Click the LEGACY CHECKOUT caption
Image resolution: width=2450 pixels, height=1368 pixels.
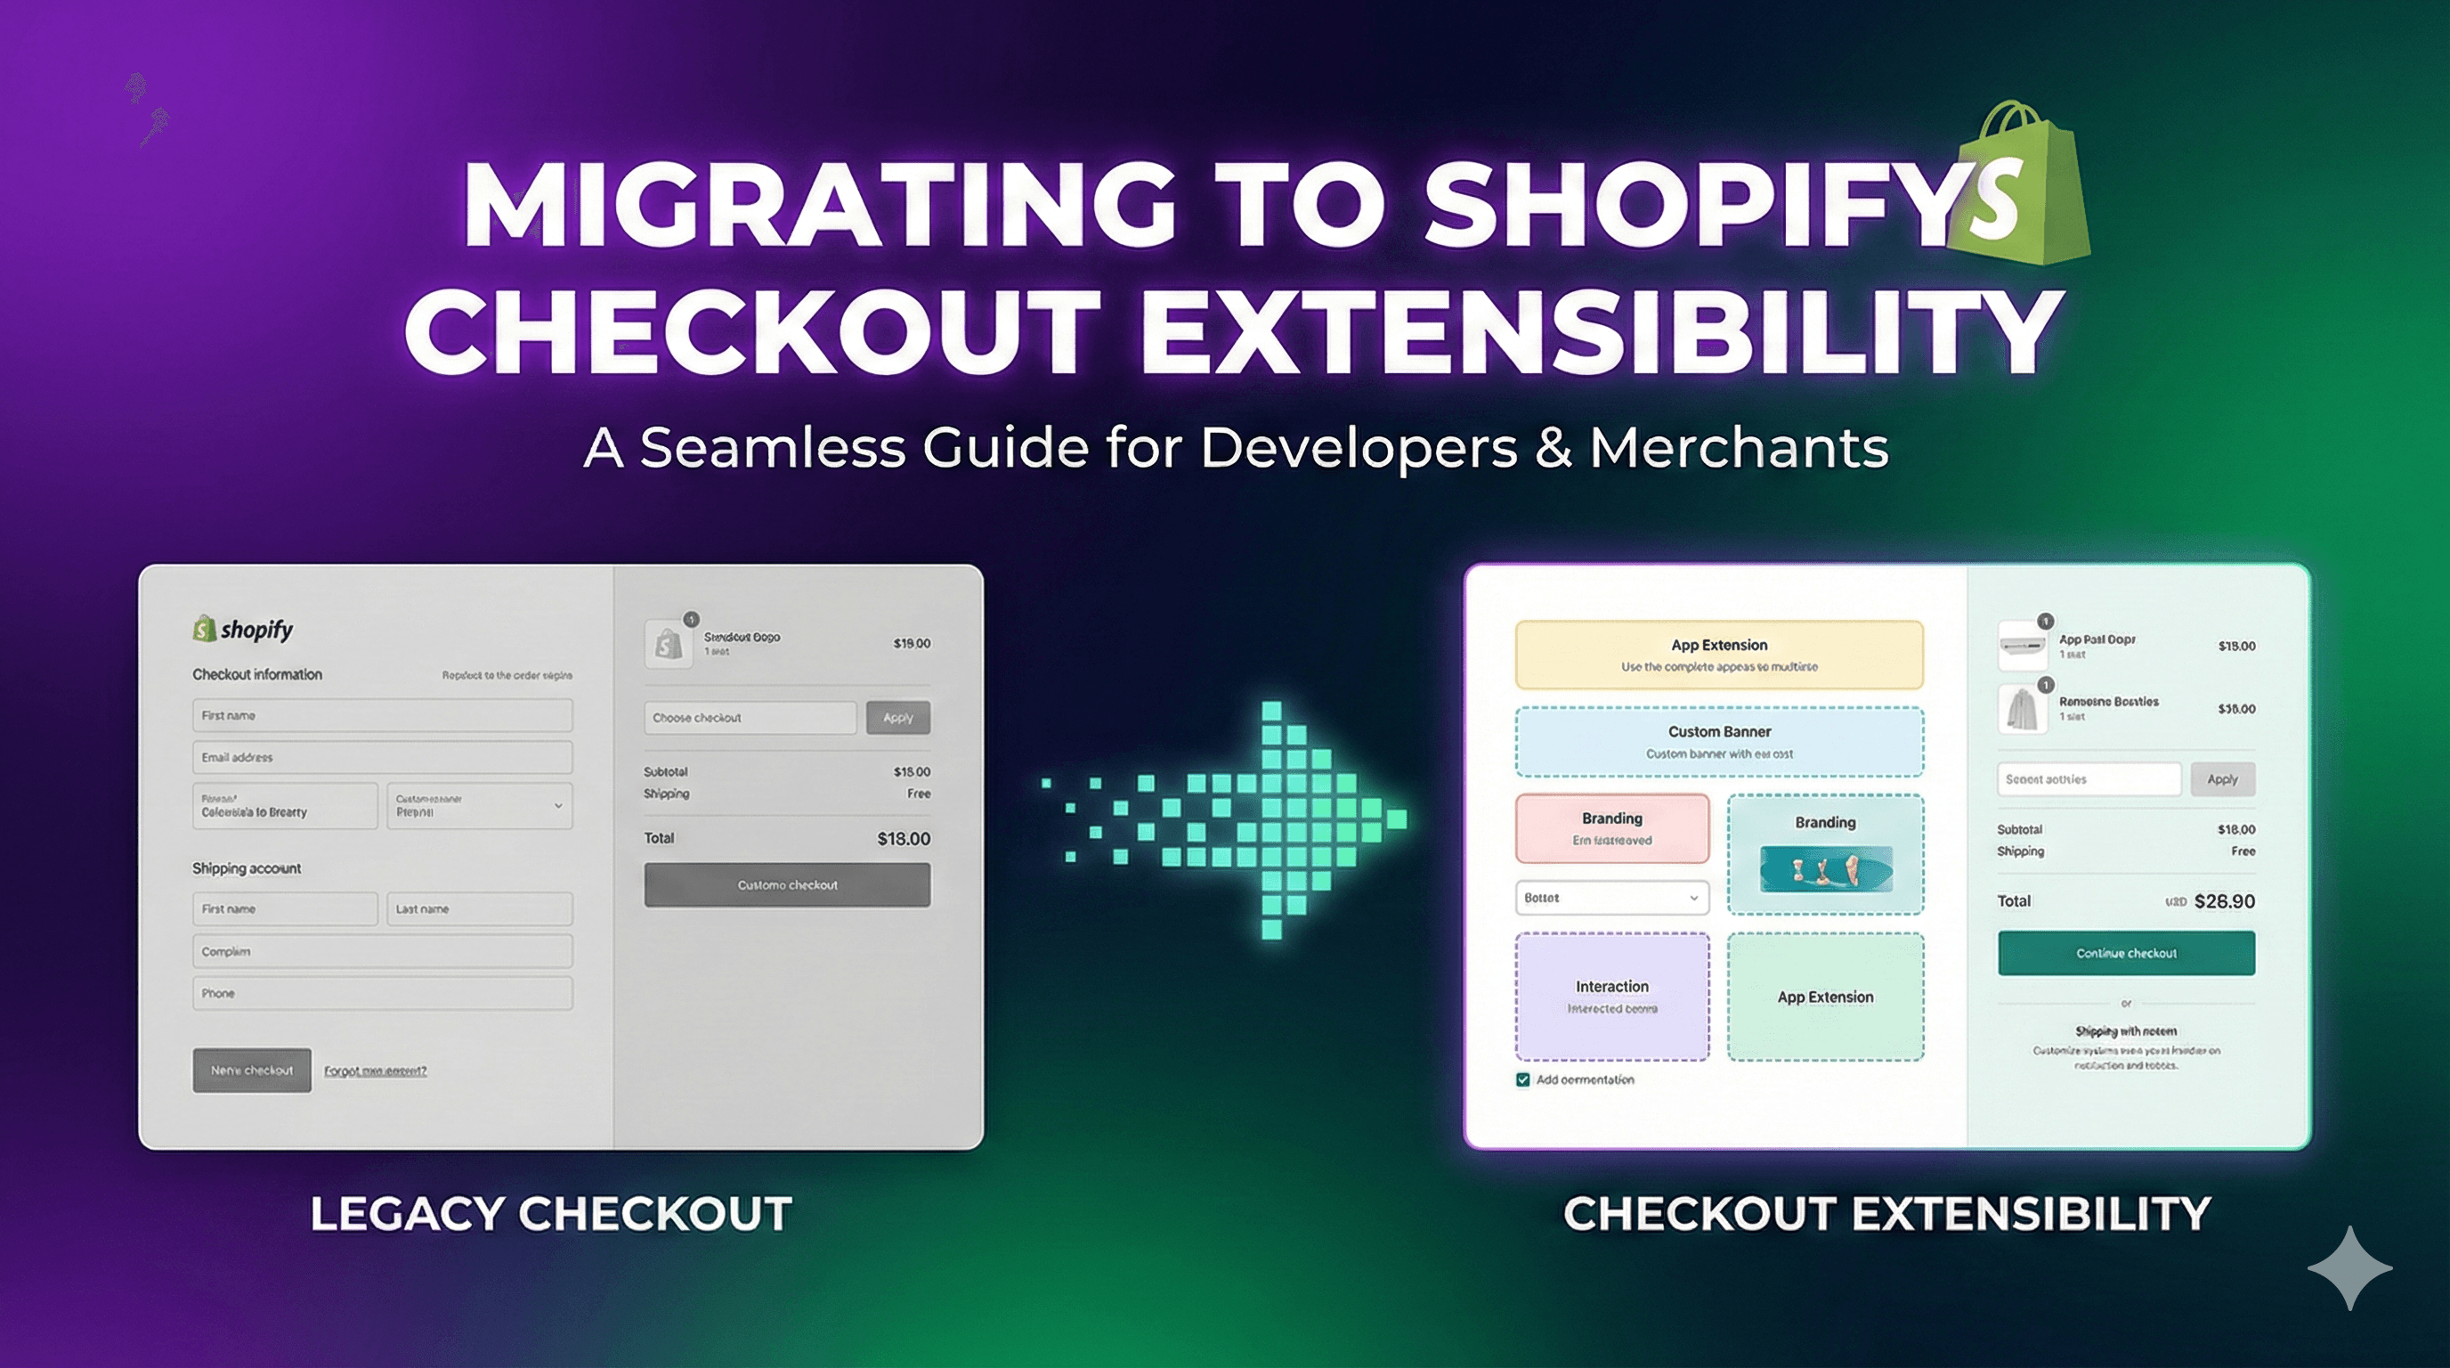click(551, 1214)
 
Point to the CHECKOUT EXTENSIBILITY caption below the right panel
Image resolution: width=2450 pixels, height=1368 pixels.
click(1886, 1214)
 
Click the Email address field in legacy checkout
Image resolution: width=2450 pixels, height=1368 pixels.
click(382, 757)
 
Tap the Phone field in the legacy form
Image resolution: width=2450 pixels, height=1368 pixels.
click(382, 993)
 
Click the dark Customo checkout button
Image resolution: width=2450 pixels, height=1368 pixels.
click(787, 884)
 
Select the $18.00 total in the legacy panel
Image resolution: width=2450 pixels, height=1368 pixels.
click(903, 839)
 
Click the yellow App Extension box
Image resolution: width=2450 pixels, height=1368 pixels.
click(1718, 655)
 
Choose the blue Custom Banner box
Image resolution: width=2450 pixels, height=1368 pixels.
click(1718, 742)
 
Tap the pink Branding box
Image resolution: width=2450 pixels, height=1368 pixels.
click(1611, 828)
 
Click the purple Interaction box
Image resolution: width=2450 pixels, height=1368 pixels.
click(1611, 996)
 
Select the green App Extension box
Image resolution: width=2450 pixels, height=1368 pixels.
click(1825, 996)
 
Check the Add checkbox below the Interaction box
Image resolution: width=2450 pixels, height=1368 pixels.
click(1522, 1079)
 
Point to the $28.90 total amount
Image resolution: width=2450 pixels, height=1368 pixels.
click(2224, 902)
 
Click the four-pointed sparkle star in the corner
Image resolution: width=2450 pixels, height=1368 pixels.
click(2349, 1268)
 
